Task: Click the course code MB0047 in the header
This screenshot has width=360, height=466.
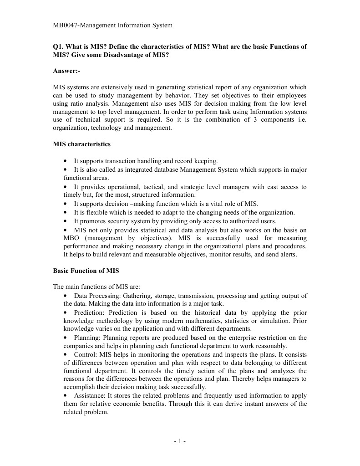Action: [66, 26]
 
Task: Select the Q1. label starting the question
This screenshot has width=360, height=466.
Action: [59, 47]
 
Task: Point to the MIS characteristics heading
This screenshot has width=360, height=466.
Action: [81, 144]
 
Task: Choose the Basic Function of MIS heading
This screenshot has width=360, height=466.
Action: [86, 271]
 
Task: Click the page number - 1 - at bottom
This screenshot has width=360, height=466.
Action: [179, 441]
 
